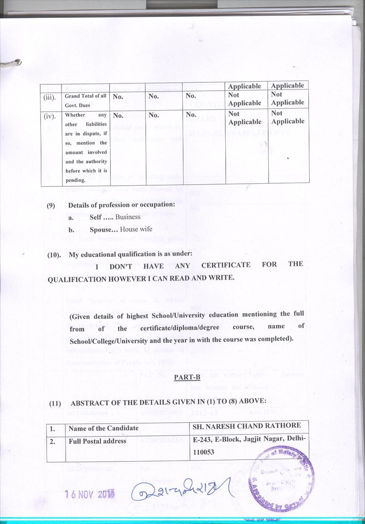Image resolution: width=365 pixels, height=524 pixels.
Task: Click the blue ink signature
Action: coord(182,492)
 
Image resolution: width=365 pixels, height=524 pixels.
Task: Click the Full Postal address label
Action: coord(97,441)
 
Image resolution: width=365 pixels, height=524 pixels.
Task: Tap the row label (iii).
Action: coord(50,96)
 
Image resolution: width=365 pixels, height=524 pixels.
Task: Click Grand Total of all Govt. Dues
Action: coord(85,99)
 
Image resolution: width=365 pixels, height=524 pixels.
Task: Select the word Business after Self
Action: coord(128,217)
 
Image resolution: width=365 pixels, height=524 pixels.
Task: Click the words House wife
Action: coord(136,230)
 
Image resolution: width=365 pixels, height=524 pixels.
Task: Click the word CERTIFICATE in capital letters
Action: coord(226,265)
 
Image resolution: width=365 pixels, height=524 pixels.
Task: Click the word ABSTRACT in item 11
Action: coord(90,403)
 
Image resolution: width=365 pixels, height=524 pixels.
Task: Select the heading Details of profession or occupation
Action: coord(122,205)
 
